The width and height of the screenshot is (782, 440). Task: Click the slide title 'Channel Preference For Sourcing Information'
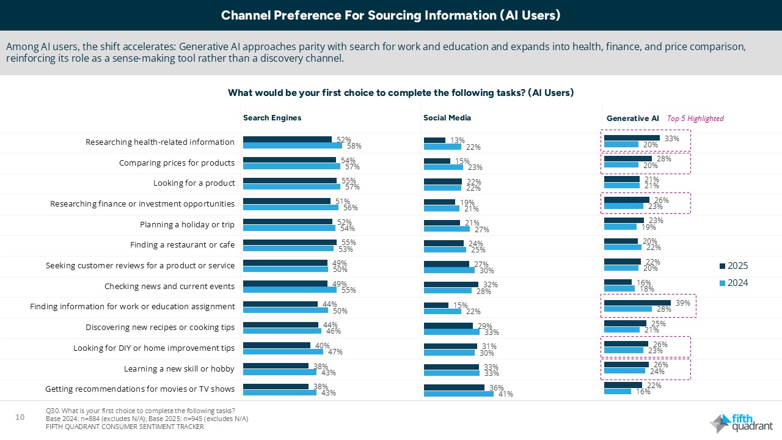click(390, 15)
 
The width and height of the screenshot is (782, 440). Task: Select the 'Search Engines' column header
click(272, 118)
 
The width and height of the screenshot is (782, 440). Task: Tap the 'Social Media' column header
click(447, 118)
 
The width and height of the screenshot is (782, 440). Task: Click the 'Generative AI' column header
click(632, 118)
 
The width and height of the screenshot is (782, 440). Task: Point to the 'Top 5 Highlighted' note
click(695, 119)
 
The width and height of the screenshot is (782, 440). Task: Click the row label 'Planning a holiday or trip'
click(187, 224)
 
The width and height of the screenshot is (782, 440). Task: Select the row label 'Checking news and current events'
click(169, 286)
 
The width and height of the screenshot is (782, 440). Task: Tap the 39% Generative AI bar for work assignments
click(637, 302)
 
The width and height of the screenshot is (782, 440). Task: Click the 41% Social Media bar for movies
click(458, 394)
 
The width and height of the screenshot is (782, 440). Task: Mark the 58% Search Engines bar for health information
click(292, 145)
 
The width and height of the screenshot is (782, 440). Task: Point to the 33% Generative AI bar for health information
click(632, 138)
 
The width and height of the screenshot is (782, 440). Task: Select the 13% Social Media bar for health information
click(434, 140)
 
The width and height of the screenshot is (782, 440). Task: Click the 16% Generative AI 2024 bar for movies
click(617, 391)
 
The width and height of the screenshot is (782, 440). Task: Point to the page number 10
click(20, 417)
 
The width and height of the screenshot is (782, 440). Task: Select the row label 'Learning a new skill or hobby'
click(179, 369)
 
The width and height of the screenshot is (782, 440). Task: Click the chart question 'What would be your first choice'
click(400, 93)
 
